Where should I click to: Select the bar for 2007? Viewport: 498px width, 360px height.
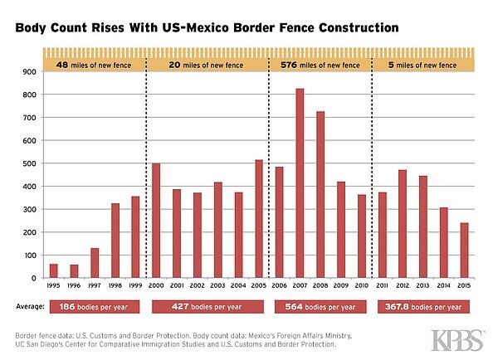click(300, 183)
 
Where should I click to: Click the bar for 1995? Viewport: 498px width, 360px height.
click(54, 270)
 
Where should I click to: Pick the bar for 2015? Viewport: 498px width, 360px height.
click(464, 250)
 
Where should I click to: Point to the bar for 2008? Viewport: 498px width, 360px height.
click(320, 194)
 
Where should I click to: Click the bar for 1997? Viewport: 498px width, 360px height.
click(95, 263)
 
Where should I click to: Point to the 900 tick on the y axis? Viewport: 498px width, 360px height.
click(32, 72)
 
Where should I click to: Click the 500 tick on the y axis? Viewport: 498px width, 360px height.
click(32, 163)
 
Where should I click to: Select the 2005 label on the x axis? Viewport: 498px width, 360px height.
click(259, 285)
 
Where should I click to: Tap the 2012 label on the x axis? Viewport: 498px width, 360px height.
click(403, 285)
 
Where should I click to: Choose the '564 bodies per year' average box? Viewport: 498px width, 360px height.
click(320, 306)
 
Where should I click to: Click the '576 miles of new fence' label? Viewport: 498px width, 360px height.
click(320, 63)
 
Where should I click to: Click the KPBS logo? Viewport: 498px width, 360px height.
click(457, 340)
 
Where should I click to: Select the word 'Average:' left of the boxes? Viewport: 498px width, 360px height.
click(32, 306)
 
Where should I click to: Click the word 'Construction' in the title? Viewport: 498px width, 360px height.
click(351, 28)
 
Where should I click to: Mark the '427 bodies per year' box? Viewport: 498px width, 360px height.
click(207, 306)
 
